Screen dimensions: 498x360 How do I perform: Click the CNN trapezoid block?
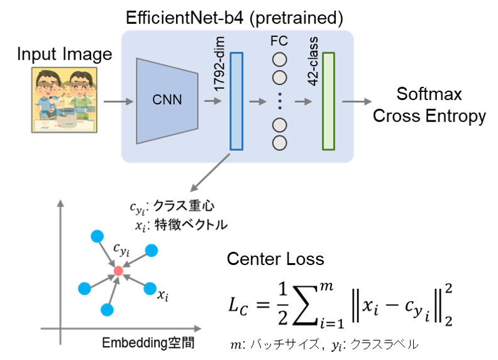(x=167, y=101)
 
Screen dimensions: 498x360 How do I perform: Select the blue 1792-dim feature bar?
(x=236, y=101)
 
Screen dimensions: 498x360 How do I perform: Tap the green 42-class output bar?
(x=328, y=101)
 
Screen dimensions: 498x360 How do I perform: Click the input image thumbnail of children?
(x=64, y=100)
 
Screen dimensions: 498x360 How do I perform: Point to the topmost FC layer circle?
(x=279, y=60)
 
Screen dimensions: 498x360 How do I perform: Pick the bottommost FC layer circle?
(x=279, y=143)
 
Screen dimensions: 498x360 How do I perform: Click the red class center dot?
(x=118, y=271)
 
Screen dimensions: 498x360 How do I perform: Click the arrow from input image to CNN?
(x=118, y=101)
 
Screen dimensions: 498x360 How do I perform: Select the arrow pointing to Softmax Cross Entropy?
(x=357, y=101)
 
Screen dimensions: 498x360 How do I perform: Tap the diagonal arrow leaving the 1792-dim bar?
(x=210, y=172)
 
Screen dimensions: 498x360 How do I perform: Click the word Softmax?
(x=429, y=94)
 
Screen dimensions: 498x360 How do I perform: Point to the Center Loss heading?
(x=275, y=259)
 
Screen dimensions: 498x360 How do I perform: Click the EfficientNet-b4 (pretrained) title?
(x=235, y=18)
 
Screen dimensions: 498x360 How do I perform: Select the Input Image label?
(x=65, y=54)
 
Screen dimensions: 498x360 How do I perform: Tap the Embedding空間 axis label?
(x=148, y=343)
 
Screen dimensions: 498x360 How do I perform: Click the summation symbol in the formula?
(x=305, y=305)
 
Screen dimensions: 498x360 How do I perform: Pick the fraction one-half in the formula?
(x=283, y=304)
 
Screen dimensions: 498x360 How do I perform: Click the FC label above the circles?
(x=279, y=41)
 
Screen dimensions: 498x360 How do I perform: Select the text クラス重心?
(x=184, y=206)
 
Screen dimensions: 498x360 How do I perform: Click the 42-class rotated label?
(x=313, y=61)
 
